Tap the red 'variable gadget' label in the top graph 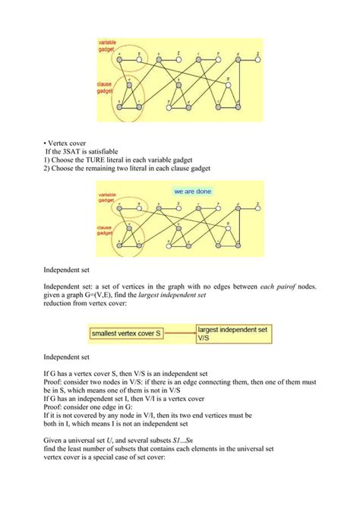[x=107, y=45]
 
